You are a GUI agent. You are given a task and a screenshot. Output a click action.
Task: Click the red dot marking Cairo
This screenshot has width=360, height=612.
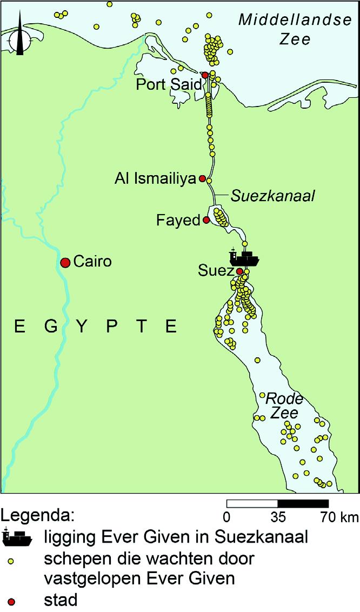pos(65,263)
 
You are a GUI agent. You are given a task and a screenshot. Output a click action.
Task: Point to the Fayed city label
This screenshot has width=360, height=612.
pos(178,221)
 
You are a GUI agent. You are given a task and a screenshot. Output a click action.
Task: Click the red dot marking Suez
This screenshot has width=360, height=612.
pos(240,271)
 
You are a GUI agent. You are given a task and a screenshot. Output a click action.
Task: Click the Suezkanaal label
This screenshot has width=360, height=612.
pos(272,196)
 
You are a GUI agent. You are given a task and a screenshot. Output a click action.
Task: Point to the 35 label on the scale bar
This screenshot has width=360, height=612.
pos(278,517)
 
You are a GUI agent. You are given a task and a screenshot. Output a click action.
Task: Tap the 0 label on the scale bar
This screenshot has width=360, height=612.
pos(227,517)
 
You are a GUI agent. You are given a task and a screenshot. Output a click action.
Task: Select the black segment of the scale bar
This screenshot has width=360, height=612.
pos(303,503)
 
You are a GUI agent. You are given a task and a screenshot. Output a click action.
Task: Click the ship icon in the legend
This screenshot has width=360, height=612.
pos(17,537)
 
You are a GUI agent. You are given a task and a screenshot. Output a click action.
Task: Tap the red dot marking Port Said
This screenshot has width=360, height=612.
pos(205,75)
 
